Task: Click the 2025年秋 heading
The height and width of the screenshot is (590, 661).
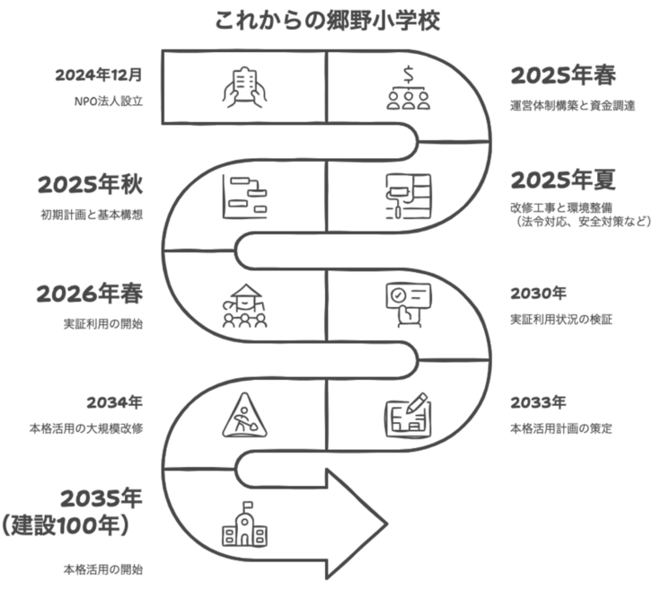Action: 91,185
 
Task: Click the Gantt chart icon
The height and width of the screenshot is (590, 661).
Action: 244,195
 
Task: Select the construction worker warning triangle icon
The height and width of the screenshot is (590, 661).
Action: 244,415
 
